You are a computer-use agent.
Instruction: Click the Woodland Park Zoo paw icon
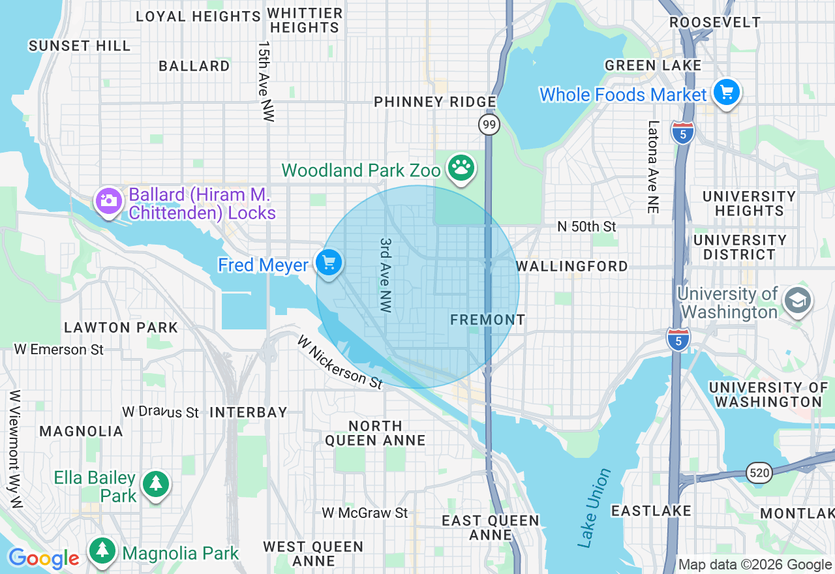coord(461,168)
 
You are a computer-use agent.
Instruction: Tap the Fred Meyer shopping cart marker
coord(329,263)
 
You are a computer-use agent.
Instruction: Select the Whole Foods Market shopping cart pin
coord(726,92)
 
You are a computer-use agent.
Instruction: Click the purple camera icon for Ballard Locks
coord(109,200)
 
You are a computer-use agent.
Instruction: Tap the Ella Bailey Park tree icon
coord(156,484)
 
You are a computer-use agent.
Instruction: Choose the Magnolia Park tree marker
coord(102,550)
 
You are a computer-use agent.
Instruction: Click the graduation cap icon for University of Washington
coord(797,301)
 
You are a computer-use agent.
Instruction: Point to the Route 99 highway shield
coord(489,125)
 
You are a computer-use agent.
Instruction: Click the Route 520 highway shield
coord(759,472)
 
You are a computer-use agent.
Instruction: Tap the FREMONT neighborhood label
coord(487,320)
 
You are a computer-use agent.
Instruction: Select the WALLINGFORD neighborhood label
coord(571,266)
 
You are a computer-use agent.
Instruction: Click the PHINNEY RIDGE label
coord(435,102)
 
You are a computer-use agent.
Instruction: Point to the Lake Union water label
coord(594,507)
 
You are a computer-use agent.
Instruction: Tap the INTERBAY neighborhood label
coord(249,412)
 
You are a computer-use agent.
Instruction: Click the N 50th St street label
coord(586,226)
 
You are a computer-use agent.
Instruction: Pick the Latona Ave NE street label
coord(653,167)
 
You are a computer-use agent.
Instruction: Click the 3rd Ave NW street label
coord(386,275)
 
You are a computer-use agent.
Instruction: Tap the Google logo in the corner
coord(44,558)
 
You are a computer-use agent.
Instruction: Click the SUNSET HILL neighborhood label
coord(80,46)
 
